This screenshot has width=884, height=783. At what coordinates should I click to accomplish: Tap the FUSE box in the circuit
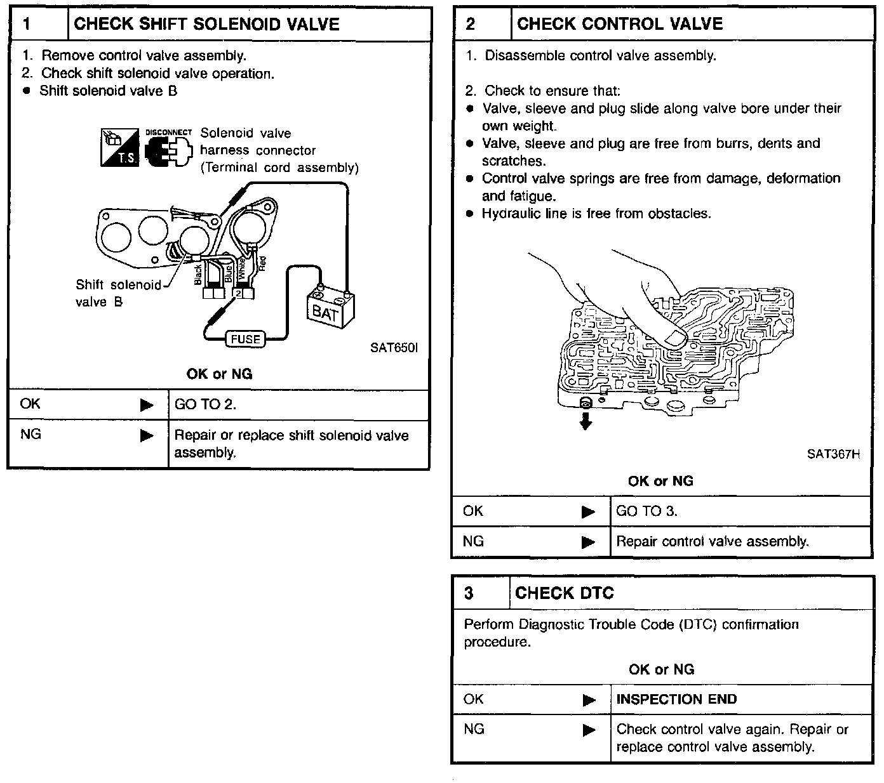[245, 339]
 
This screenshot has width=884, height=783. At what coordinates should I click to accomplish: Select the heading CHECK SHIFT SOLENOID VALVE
[206, 24]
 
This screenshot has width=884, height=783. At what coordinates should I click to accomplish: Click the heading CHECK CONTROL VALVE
[620, 24]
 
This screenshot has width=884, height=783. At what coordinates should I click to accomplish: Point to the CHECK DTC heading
[565, 593]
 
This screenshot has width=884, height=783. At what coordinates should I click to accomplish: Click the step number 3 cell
[469, 593]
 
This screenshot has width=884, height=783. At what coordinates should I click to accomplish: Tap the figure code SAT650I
[394, 348]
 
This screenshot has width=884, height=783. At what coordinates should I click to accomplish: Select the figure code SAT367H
[833, 454]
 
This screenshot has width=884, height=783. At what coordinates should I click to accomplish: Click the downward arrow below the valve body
[586, 421]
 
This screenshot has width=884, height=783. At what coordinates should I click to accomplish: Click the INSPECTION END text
[676, 699]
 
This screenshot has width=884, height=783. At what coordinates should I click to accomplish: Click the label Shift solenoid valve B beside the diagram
[118, 293]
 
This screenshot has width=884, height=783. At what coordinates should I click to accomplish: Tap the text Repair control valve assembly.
[713, 542]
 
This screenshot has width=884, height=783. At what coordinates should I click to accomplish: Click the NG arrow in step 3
[589, 730]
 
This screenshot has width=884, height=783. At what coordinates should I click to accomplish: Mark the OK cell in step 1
[30, 404]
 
